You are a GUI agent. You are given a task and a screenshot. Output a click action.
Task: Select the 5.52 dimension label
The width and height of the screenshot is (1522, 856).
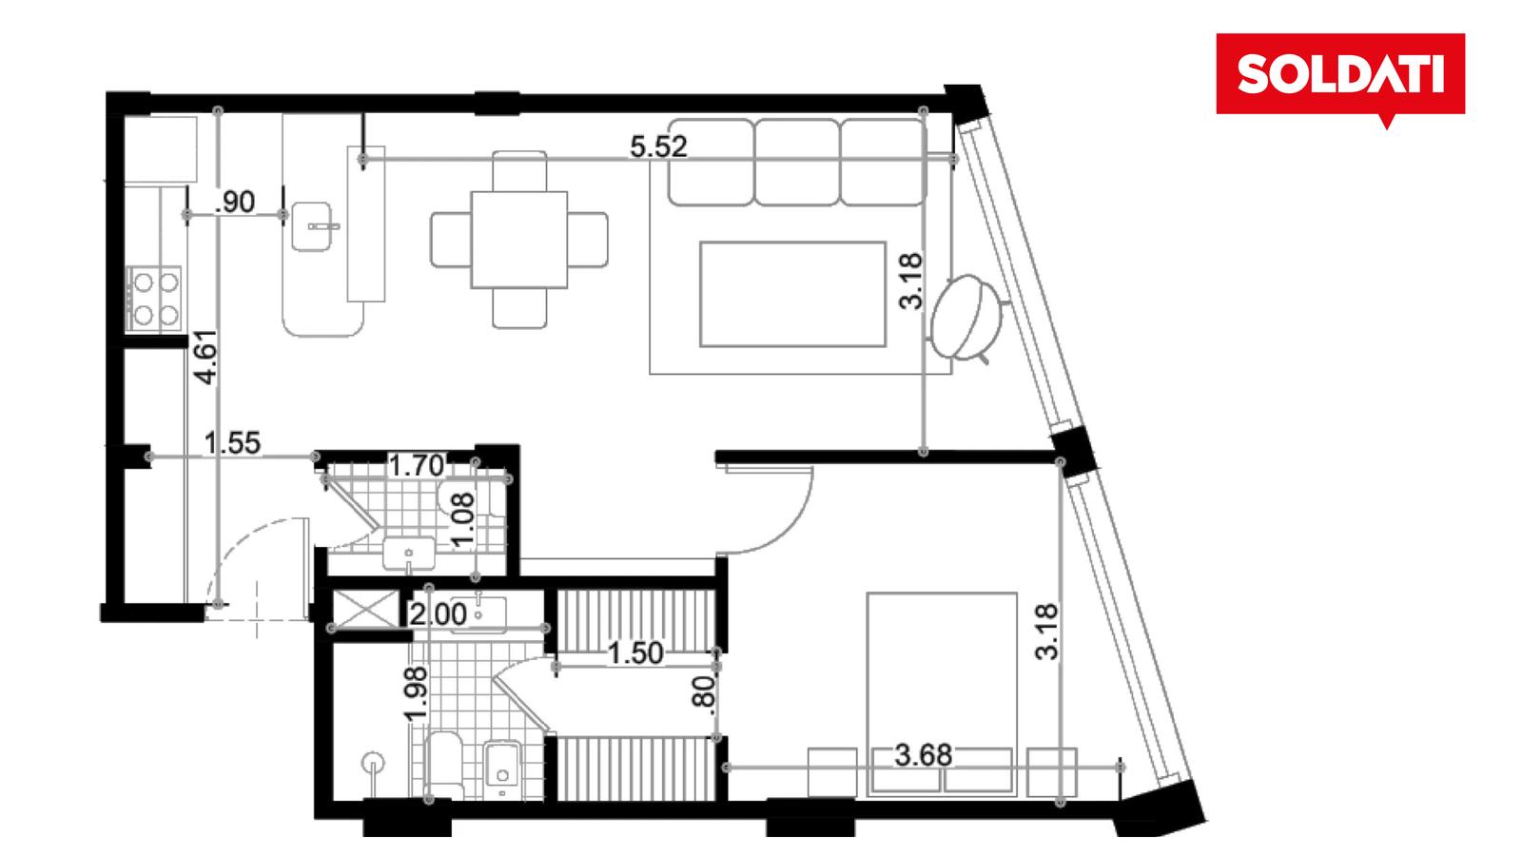point(658,146)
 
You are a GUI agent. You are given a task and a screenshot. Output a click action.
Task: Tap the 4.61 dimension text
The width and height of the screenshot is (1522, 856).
point(205,358)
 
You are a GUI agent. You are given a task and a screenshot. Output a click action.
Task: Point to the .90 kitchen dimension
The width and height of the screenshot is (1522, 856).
point(235,203)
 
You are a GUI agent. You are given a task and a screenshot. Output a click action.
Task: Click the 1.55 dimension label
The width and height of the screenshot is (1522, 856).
point(232,443)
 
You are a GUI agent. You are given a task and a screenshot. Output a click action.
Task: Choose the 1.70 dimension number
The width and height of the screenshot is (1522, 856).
point(417,466)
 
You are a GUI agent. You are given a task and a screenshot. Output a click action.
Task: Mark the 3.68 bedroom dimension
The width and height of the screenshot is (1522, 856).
point(923,755)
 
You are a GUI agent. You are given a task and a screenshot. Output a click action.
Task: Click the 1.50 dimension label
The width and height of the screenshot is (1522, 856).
point(635,653)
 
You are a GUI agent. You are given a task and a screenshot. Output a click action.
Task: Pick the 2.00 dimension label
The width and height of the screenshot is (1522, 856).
point(439,614)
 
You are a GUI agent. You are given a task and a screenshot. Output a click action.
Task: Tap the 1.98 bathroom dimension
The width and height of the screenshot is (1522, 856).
point(415,693)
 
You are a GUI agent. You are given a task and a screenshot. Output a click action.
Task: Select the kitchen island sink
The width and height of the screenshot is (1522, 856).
point(312,227)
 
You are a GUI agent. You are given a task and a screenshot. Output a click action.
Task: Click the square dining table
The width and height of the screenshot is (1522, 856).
point(519,240)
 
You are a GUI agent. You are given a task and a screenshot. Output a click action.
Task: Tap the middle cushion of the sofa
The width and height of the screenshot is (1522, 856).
point(796,163)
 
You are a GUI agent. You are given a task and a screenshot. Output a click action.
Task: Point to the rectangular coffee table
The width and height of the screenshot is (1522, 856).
point(793,294)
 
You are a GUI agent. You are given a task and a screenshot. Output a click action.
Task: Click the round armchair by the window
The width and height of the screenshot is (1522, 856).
point(967,317)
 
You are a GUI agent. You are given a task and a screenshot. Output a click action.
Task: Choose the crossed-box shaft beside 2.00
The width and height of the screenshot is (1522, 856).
point(365,608)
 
